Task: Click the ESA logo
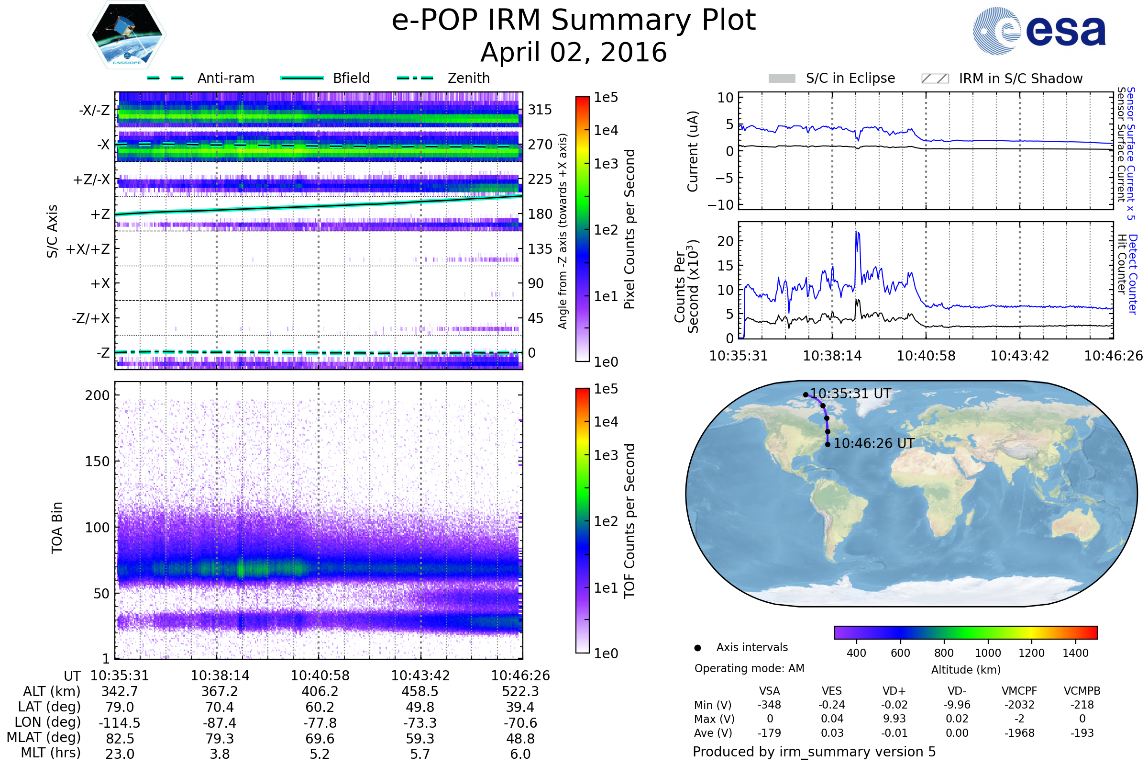pyautogui.click(x=1039, y=31)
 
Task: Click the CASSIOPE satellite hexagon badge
pyautogui.click(x=127, y=34)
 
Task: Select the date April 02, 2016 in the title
pyautogui.click(x=574, y=52)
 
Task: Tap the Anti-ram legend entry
pyautogui.click(x=200, y=78)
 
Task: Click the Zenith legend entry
pyautogui.click(x=443, y=78)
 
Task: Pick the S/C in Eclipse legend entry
pyautogui.click(x=832, y=78)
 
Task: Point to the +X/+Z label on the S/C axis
pyautogui.click(x=88, y=249)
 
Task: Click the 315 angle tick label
pyautogui.click(x=540, y=110)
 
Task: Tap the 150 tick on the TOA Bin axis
pyautogui.click(x=97, y=462)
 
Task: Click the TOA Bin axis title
pyautogui.click(x=56, y=528)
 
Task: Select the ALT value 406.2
pyautogui.click(x=320, y=692)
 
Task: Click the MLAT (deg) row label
pyautogui.click(x=44, y=738)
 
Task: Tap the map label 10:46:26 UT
pyautogui.click(x=874, y=444)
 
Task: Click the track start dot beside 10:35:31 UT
pyautogui.click(x=806, y=394)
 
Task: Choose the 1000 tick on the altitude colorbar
pyautogui.click(x=987, y=653)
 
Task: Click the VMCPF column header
pyautogui.click(x=1019, y=691)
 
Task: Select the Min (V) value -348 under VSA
pyautogui.click(x=769, y=705)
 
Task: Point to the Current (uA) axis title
pyautogui.click(x=693, y=151)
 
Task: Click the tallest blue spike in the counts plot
pyautogui.click(x=857, y=232)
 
